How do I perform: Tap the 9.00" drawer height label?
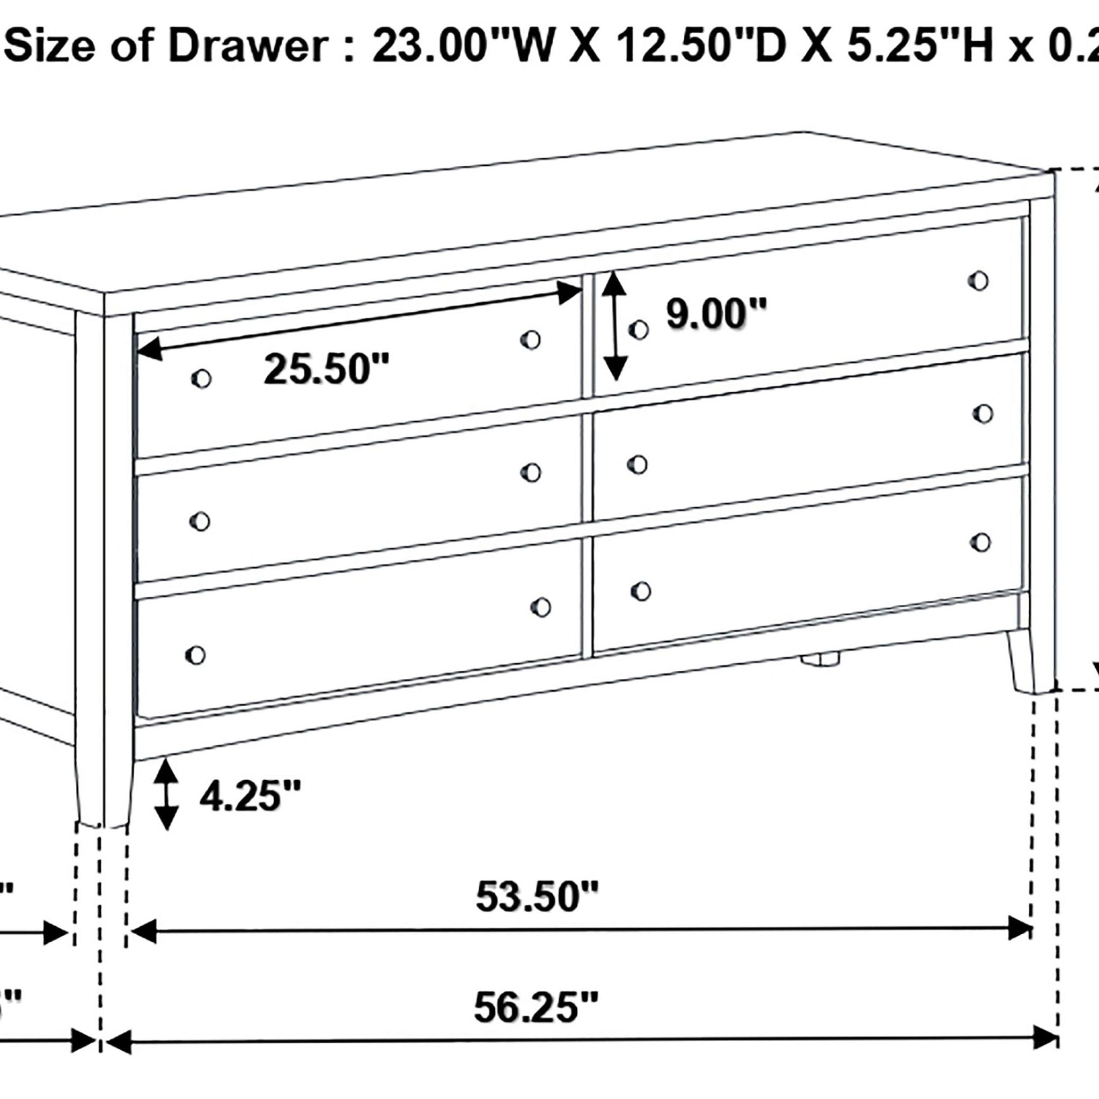[x=716, y=314]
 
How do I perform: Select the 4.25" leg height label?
[x=249, y=796]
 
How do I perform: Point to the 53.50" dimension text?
[x=537, y=898]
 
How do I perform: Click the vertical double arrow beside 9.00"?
[x=614, y=326]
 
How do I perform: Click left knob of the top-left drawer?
[x=201, y=378]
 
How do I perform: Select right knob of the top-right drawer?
[x=978, y=281]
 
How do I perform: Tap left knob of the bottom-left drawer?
[x=195, y=655]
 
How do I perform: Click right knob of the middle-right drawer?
[x=983, y=414]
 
